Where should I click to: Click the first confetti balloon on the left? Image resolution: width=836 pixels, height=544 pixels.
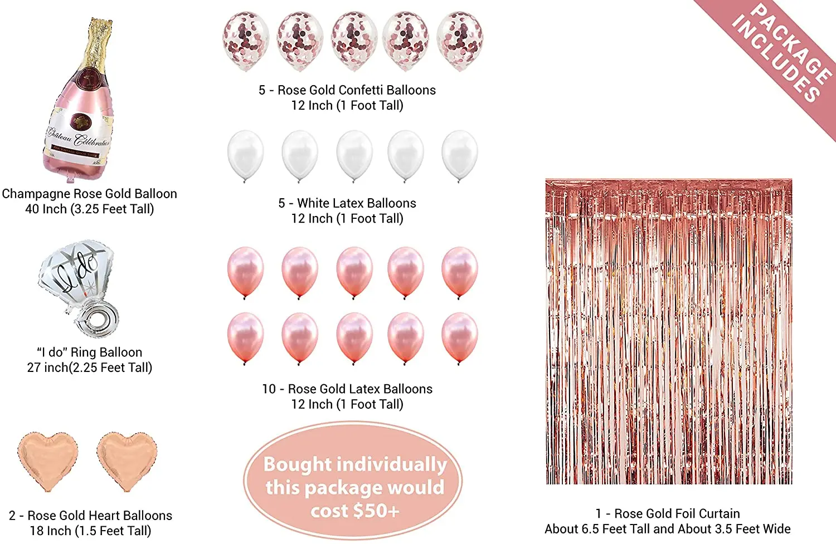coord(246,40)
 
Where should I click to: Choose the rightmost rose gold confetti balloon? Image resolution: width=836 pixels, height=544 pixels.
coord(460,40)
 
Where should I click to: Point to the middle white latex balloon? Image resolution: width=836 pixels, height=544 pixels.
coord(354,155)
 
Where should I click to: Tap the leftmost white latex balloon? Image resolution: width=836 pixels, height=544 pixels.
coord(246,155)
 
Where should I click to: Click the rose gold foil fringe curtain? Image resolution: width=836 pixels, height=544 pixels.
coord(668,331)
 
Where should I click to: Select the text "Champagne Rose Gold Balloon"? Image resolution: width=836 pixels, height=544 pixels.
coord(89,194)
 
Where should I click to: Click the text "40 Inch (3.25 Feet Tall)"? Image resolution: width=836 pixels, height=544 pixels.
coord(89,209)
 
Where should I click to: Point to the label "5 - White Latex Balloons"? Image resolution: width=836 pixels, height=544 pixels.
coord(347,203)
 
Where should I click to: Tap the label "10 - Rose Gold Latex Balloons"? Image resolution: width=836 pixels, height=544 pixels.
coord(347,389)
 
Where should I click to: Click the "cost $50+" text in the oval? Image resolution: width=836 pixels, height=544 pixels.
coord(355,511)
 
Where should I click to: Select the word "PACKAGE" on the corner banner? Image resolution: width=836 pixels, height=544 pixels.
coord(791,42)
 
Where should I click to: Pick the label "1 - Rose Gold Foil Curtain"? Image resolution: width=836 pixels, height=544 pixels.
coord(668,514)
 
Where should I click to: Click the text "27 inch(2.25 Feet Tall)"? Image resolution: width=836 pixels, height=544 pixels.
coord(89,367)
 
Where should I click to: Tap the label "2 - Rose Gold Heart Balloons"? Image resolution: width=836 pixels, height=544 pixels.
coord(90,516)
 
